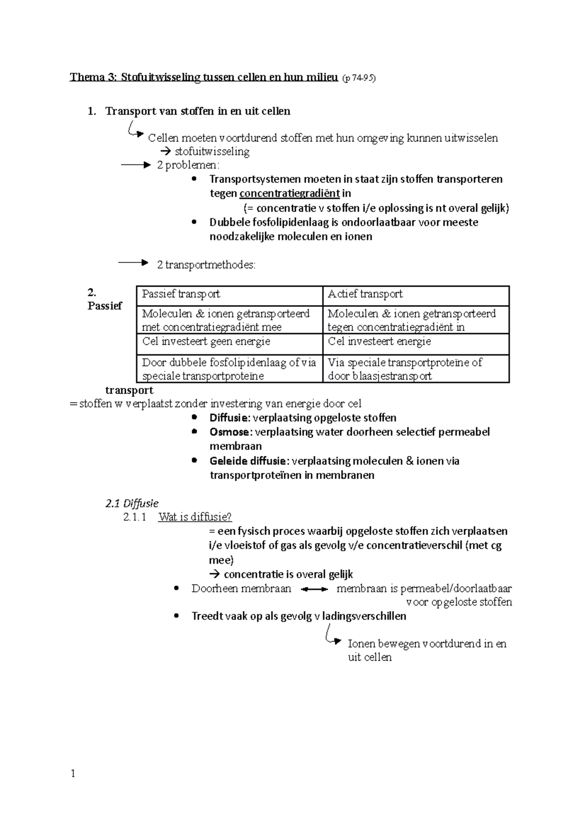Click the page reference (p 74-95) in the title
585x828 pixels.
(x=359, y=78)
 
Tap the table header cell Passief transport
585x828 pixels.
(x=181, y=294)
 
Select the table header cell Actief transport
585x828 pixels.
(x=365, y=294)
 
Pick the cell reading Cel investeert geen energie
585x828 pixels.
(x=206, y=341)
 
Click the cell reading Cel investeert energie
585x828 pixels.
(x=379, y=341)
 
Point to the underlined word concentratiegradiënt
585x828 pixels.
(x=289, y=194)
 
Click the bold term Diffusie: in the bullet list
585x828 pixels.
(x=230, y=418)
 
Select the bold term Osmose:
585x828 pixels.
(x=231, y=432)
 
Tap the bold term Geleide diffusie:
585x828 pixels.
(x=250, y=461)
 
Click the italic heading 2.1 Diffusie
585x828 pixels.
(x=132, y=503)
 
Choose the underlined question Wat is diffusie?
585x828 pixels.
(x=195, y=517)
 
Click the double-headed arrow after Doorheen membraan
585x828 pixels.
(x=314, y=590)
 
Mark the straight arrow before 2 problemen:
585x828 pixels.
(x=136, y=165)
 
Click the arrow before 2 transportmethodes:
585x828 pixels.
(x=133, y=263)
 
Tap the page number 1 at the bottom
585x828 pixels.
(x=73, y=774)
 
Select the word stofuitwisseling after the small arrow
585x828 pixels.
(x=212, y=152)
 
